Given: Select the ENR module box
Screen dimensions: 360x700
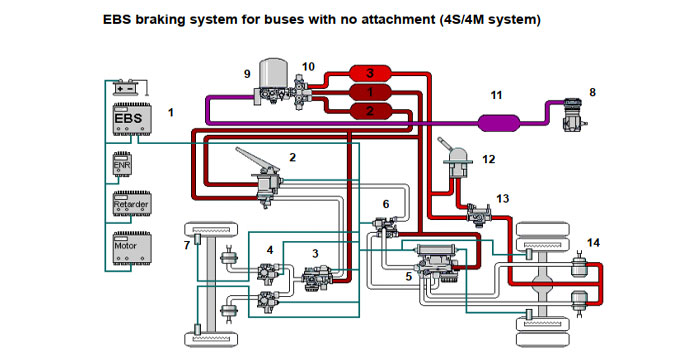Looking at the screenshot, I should pyautogui.click(x=121, y=163).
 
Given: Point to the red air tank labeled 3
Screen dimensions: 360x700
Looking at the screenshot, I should pyautogui.click(x=370, y=74).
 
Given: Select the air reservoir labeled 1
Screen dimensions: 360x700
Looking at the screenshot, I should pyautogui.click(x=369, y=92).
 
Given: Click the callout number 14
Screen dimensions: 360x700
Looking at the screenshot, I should pyautogui.click(x=594, y=242).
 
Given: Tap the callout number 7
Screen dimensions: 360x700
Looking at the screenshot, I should pyautogui.click(x=186, y=244).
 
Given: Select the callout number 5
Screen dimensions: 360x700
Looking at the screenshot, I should pyautogui.click(x=408, y=274).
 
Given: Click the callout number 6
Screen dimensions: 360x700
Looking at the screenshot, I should pyautogui.click(x=386, y=204).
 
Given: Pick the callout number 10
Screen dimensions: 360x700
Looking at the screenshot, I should pyautogui.click(x=308, y=66).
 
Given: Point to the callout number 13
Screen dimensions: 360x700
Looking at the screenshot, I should pyautogui.click(x=502, y=198).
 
